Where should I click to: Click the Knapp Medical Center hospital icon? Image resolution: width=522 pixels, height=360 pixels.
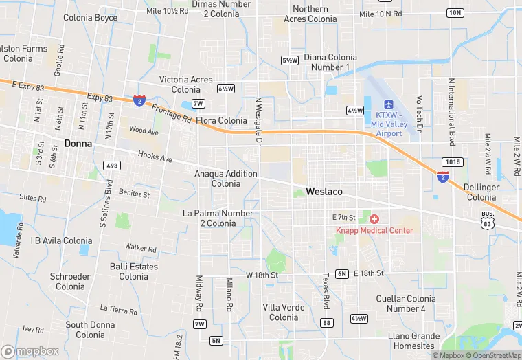coord(374,218)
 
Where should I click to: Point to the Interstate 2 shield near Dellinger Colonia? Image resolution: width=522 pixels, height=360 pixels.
coord(443,178)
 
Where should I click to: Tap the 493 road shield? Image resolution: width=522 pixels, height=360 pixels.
coord(112,166)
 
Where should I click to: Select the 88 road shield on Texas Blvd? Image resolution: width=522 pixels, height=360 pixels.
coord(327,323)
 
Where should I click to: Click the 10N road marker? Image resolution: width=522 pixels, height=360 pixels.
coord(455,13)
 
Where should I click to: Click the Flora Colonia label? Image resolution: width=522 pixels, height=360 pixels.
coord(221,120)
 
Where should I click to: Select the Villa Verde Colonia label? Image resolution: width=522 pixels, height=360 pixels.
coord(283,312)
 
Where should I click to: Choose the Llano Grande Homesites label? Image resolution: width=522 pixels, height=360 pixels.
coord(413,341)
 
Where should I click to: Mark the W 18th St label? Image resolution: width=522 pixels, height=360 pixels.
coord(262,275)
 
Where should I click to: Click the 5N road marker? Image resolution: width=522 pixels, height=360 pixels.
coord(216,341)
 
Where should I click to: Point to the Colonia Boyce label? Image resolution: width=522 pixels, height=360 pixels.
coord(90,18)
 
